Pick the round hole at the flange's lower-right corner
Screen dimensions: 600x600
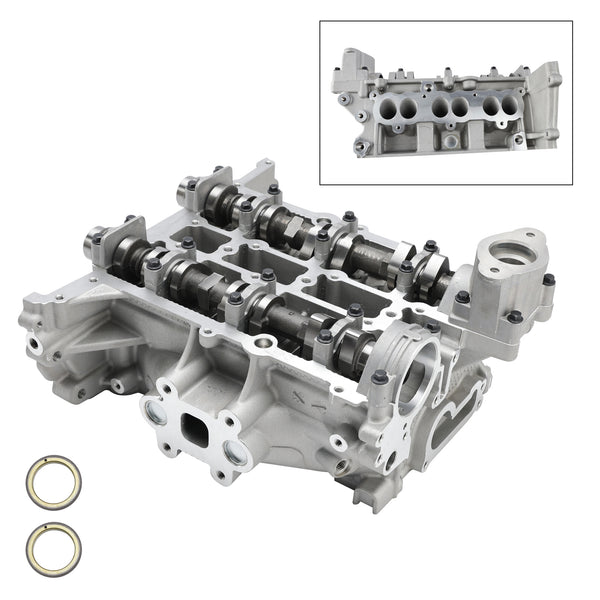234,455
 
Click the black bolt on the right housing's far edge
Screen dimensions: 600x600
548,281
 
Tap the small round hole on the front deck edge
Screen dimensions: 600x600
262,346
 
